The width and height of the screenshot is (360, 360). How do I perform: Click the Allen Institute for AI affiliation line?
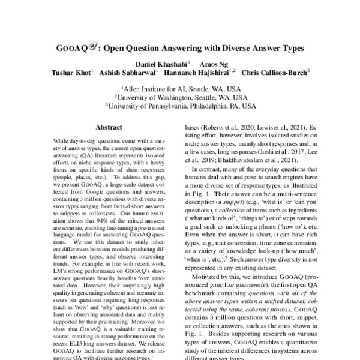pyautogui.click(x=180, y=88)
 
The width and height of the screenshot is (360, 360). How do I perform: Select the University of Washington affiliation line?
pyautogui.click(x=180, y=96)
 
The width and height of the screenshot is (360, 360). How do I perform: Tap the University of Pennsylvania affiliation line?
pyautogui.click(x=180, y=104)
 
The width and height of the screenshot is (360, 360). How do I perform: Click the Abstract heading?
pyautogui.click(x=109, y=127)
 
